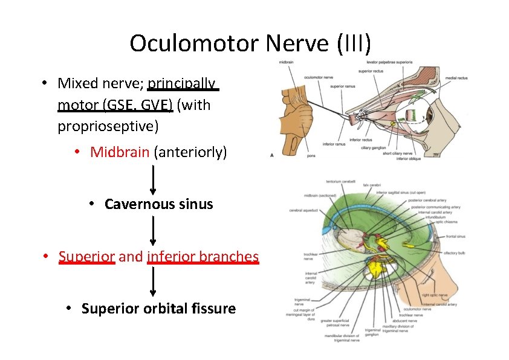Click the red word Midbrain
(x=120, y=152)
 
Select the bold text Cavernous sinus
(x=158, y=204)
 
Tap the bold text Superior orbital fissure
(x=158, y=309)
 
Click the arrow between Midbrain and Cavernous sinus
(x=153, y=179)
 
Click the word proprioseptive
(x=108, y=126)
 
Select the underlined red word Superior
(x=87, y=257)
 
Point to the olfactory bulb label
(x=453, y=253)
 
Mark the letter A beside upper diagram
(x=272, y=155)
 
